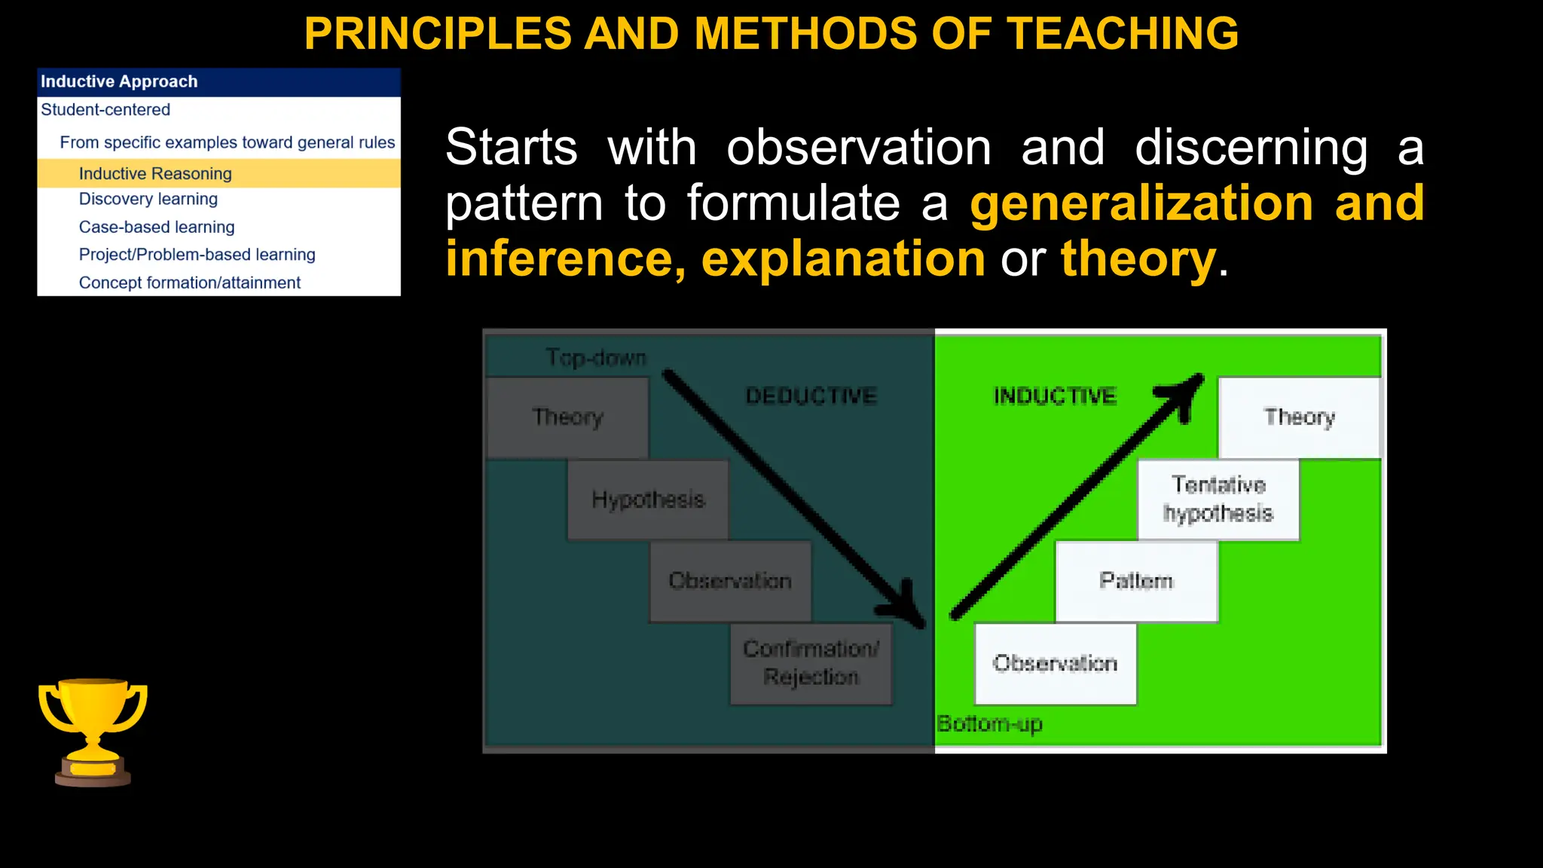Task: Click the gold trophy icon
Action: [x=93, y=731]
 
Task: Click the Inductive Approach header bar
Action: [x=218, y=81]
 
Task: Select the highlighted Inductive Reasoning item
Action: [x=155, y=173]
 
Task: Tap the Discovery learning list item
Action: [x=148, y=199]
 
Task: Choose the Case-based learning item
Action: [x=157, y=227]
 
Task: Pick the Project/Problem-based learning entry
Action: [x=197, y=255]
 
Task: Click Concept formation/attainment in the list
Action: [x=189, y=283]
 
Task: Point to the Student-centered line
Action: [x=105, y=110]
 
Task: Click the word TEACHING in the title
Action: [x=1123, y=34]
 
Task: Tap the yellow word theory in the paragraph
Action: [x=1138, y=258]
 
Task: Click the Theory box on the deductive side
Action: [x=567, y=417]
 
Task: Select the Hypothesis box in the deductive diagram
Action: [x=648, y=500]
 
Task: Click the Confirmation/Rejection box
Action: [x=811, y=663]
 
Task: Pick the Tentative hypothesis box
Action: [x=1218, y=500]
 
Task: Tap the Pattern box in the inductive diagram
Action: [x=1136, y=581]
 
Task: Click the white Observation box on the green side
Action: [x=1055, y=663]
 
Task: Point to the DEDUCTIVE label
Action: [x=811, y=396]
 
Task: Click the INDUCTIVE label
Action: [x=1055, y=396]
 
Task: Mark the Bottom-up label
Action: [x=989, y=724]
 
